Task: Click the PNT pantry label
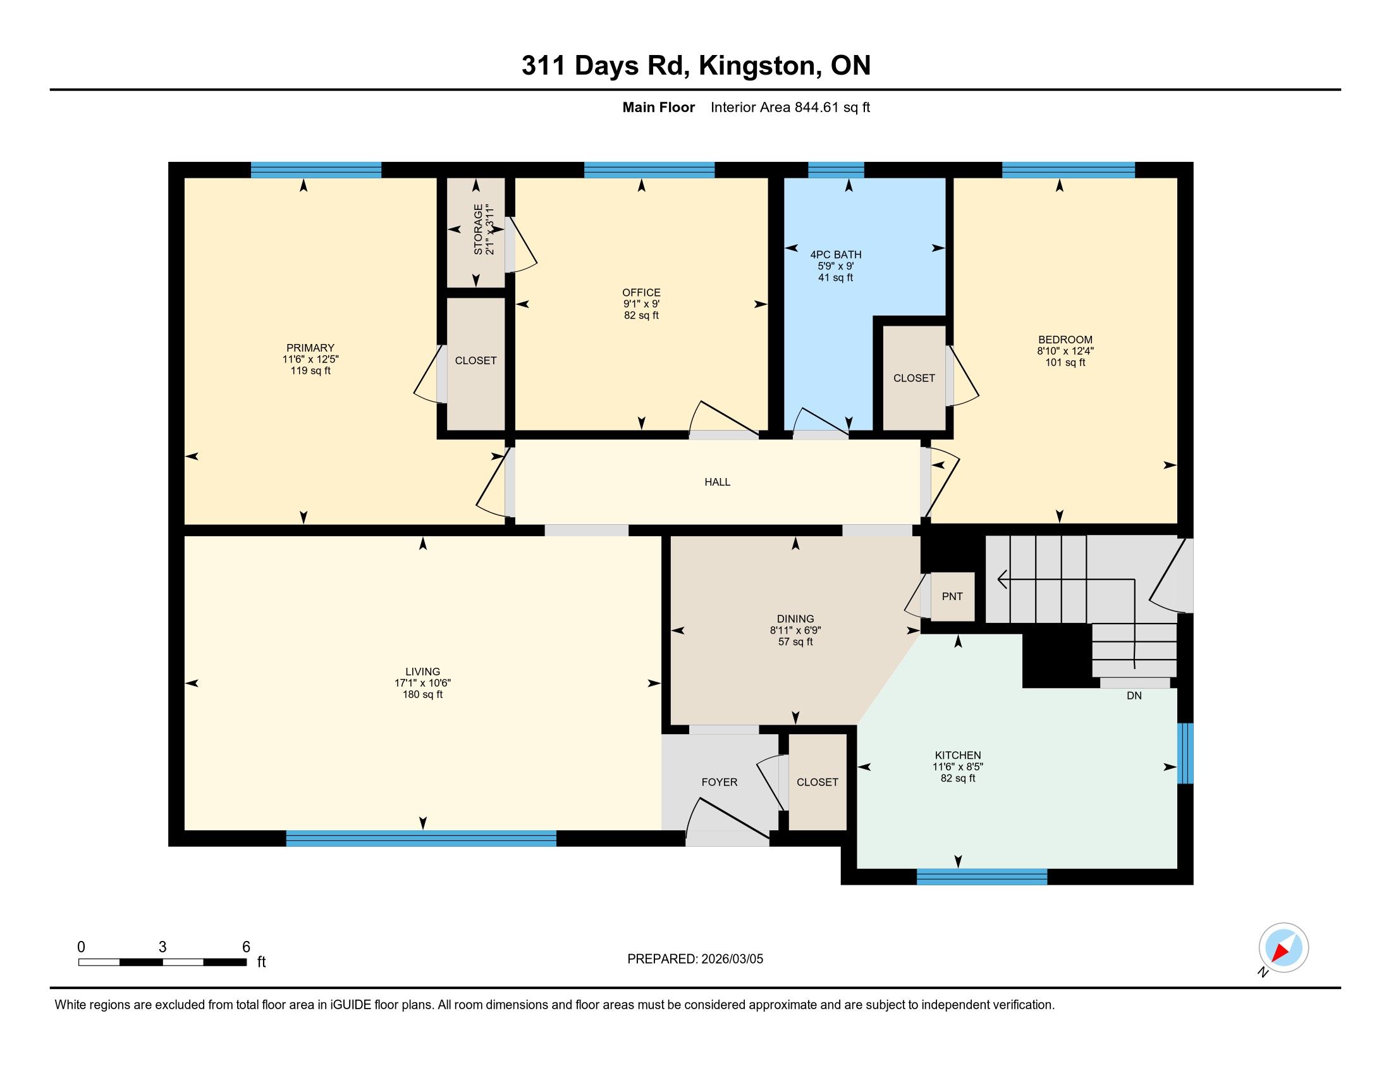pos(952,597)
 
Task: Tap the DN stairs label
pos(1134,696)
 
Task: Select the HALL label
pos(717,482)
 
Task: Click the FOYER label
pos(720,782)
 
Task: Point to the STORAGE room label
pos(477,230)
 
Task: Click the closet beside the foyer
pos(818,782)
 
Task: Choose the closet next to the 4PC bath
pos(914,378)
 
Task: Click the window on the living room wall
pos(421,838)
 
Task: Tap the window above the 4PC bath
pos(836,170)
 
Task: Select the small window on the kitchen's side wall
pos(1185,753)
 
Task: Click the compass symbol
pos(1284,948)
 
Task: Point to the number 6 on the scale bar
pos(246,947)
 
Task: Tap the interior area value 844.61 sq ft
pos(832,107)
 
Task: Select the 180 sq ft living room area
pos(422,694)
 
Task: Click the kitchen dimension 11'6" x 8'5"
pos(958,767)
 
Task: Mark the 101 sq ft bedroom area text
pos(1065,362)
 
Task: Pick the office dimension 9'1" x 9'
pos(641,304)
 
